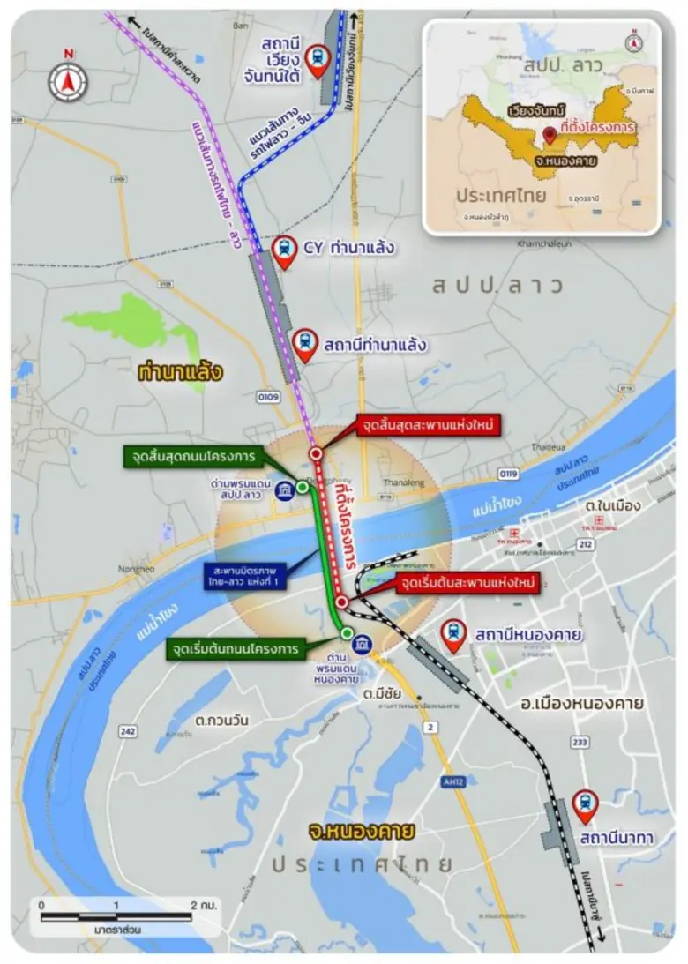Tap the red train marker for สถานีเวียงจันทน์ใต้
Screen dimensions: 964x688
(x=316, y=59)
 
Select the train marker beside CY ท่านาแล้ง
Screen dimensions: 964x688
(x=284, y=251)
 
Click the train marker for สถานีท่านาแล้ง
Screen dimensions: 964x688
(x=305, y=343)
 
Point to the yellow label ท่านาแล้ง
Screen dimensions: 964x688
(x=180, y=372)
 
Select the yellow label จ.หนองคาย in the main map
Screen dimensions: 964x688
(x=348, y=831)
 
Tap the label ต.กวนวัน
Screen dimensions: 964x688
(x=221, y=721)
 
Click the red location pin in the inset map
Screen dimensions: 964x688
(x=550, y=135)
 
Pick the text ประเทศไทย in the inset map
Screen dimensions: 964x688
(x=488, y=195)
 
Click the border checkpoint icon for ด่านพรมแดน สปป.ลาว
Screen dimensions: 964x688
(x=285, y=491)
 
